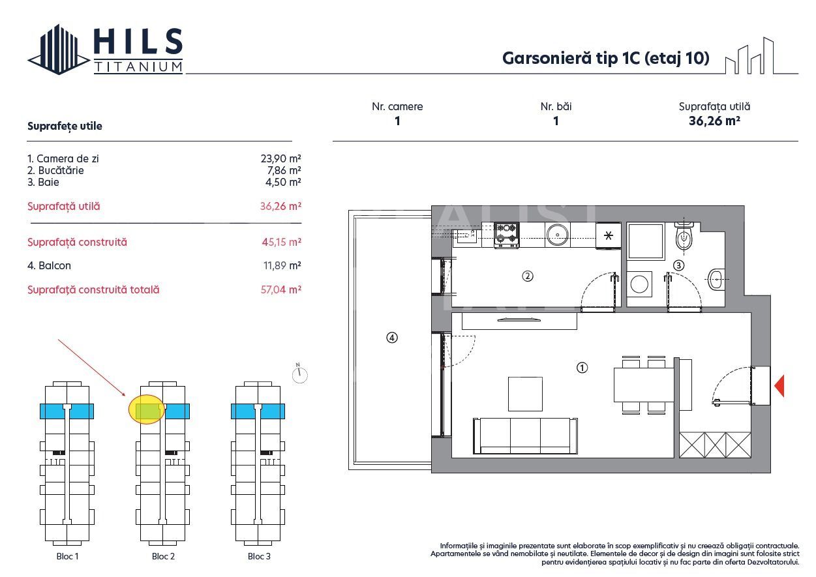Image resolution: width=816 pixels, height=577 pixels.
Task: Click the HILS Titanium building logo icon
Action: click(x=59, y=50)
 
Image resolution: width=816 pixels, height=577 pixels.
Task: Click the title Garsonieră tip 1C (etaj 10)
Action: click(x=606, y=58)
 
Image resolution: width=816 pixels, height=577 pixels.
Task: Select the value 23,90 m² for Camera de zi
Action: click(x=280, y=158)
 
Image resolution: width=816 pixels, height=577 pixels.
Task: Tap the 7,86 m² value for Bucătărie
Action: click(x=284, y=170)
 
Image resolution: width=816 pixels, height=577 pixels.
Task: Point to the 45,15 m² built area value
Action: click(x=281, y=242)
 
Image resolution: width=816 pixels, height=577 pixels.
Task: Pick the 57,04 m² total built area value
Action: click(x=281, y=289)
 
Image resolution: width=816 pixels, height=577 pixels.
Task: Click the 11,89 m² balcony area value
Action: click(x=282, y=266)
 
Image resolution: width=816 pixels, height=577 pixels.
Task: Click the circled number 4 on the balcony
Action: click(x=392, y=338)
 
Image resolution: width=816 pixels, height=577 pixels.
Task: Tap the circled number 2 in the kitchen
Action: click(x=528, y=276)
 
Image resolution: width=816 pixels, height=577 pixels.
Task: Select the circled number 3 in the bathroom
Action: click(x=678, y=265)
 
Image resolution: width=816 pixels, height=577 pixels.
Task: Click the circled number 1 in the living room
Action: click(x=582, y=368)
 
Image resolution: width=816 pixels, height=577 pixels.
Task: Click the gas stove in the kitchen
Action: click(x=507, y=235)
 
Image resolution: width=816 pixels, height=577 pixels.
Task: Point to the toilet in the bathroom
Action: click(x=684, y=236)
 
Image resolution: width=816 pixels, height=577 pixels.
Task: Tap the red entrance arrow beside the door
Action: click(x=779, y=385)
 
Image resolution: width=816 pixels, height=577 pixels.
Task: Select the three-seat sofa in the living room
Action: click(x=525, y=436)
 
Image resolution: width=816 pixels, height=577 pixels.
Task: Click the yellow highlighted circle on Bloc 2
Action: click(x=147, y=409)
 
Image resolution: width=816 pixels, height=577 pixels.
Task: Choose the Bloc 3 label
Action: click(x=259, y=556)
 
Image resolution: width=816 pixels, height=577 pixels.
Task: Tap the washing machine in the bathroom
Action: click(x=639, y=284)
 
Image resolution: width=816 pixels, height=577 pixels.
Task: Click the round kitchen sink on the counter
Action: click(x=557, y=235)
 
